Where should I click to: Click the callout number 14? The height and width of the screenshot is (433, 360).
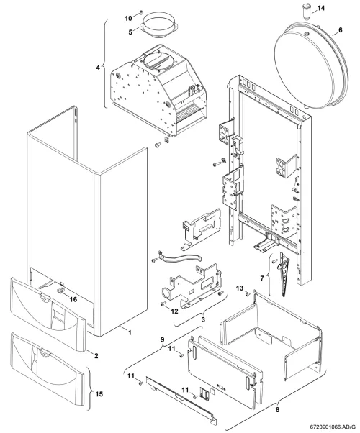tap(320, 9)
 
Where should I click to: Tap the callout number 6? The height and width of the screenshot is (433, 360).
tap(340, 29)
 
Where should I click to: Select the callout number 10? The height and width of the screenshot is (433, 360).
tap(128, 19)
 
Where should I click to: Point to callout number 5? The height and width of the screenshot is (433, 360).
tap(130, 32)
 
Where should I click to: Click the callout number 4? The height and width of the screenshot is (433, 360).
tap(98, 68)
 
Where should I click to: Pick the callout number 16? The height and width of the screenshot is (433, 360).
tap(73, 299)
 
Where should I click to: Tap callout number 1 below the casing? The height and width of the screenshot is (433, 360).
tap(130, 333)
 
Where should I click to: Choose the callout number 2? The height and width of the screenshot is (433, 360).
tap(96, 355)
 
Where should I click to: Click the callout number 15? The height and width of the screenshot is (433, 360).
tap(99, 393)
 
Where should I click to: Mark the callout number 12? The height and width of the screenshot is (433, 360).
tap(174, 311)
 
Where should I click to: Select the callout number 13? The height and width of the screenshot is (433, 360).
tap(240, 288)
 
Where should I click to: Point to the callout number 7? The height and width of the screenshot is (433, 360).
tap(262, 278)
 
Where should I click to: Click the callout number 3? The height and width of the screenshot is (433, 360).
tap(203, 320)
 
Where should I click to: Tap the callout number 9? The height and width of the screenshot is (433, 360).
tap(163, 339)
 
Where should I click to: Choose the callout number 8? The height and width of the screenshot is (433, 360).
tap(278, 409)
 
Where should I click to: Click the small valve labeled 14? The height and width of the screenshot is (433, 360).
tap(306, 12)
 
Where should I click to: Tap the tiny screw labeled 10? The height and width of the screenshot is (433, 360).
tap(141, 12)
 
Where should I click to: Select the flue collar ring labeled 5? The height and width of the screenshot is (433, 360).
tap(159, 27)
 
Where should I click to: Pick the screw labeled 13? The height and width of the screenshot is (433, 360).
tap(248, 295)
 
